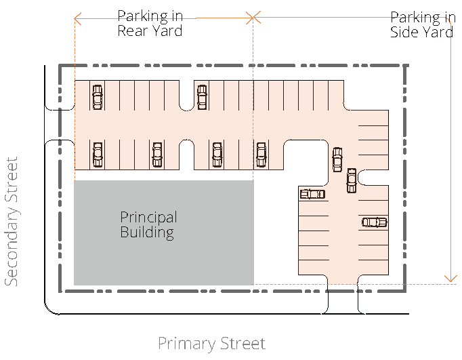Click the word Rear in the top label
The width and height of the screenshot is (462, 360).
pyautogui.click(x=131, y=31)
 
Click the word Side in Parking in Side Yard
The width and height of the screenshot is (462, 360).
pyautogui.click(x=404, y=32)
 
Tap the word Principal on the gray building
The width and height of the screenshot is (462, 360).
pyautogui.click(x=148, y=218)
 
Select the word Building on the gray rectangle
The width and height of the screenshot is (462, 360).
pyautogui.click(x=147, y=233)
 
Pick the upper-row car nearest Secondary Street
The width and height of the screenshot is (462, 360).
pyautogui.click(x=98, y=98)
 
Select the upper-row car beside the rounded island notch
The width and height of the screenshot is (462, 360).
pyautogui.click(x=202, y=98)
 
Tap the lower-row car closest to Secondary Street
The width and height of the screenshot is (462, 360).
pyautogui.click(x=98, y=155)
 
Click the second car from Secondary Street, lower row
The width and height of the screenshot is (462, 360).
pyautogui.click(x=157, y=155)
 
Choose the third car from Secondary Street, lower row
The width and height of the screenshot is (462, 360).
pyautogui.click(x=217, y=155)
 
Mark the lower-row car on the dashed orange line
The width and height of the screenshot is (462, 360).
pyautogui.click(x=261, y=155)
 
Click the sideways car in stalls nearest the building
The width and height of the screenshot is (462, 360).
pyautogui.click(x=312, y=194)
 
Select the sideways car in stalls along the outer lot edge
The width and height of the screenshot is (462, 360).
pyautogui.click(x=374, y=222)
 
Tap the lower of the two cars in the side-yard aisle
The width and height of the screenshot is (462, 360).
pyautogui.click(x=351, y=180)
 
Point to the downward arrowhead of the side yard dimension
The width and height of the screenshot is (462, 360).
pyautogui.click(x=450, y=279)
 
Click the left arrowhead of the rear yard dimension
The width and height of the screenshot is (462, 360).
pyautogui.click(x=77, y=18)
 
